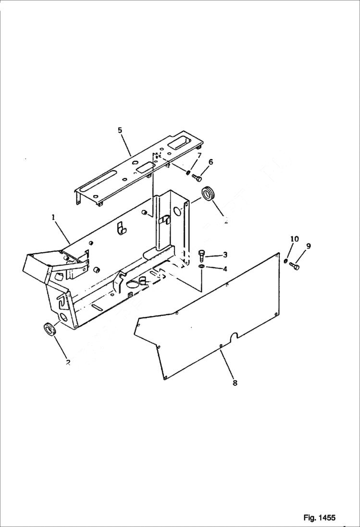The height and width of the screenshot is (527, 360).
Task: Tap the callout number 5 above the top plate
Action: pos(120,130)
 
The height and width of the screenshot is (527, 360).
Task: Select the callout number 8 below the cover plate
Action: pos(235,383)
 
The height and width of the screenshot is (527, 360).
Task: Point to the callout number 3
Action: pos(224,255)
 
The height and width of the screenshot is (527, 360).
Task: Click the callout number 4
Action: pos(224,269)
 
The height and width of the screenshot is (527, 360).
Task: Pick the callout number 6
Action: pos(211,162)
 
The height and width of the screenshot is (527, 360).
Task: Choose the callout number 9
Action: pos(308,246)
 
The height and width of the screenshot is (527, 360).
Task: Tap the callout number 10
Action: pos(295,239)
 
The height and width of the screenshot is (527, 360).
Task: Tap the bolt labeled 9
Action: pos(295,266)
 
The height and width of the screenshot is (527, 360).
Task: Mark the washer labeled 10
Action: pos(286,261)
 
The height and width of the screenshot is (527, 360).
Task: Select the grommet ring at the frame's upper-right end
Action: pos(209,194)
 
